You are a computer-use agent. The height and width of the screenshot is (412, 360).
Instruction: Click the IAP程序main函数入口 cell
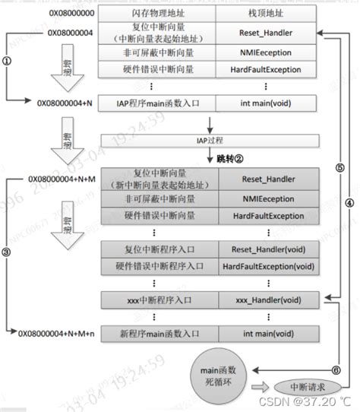coord(159,101)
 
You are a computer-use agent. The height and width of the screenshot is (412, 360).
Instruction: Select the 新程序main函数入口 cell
coord(159,332)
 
